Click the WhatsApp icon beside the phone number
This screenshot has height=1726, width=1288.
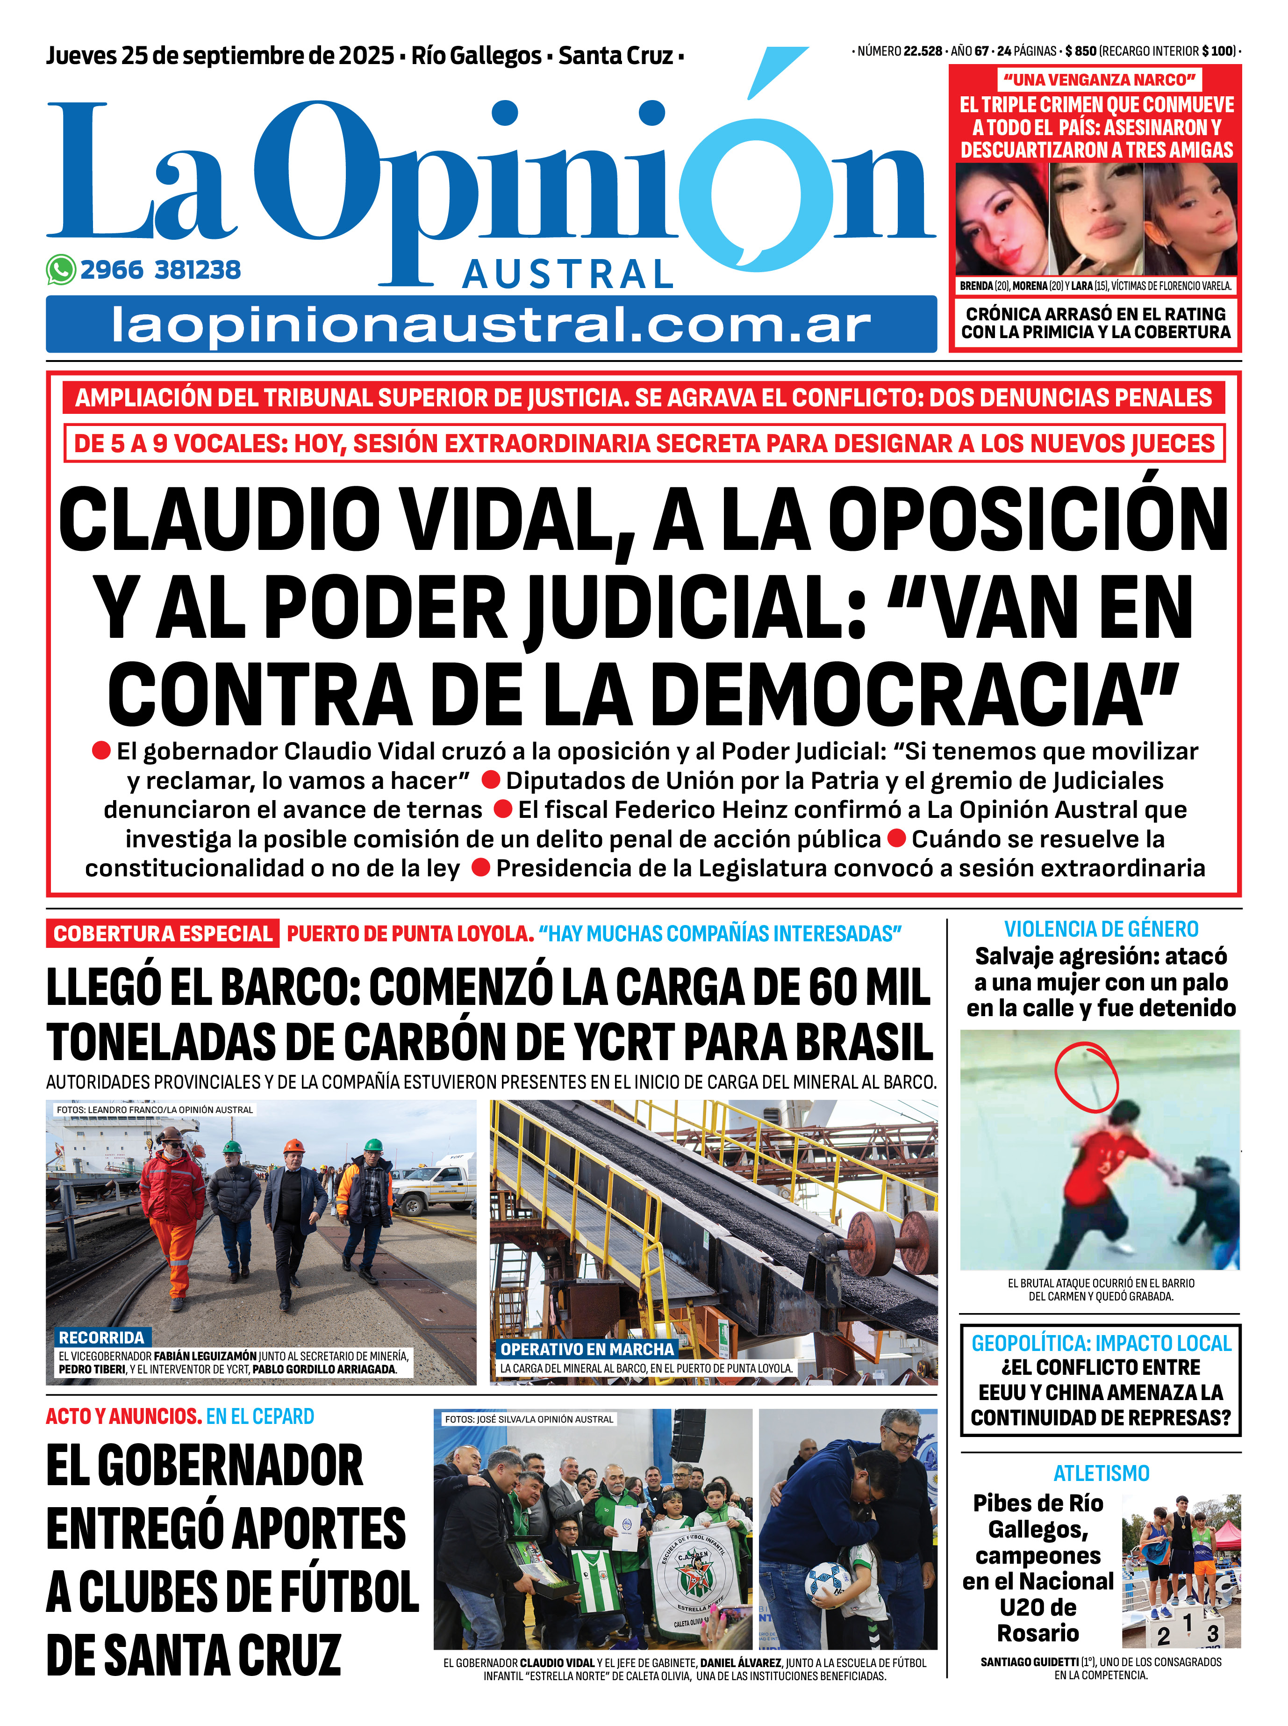point(61,270)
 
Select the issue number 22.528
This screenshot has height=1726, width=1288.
point(923,51)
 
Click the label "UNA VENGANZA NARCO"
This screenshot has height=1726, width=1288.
point(1099,79)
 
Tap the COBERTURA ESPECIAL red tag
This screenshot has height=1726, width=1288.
point(163,933)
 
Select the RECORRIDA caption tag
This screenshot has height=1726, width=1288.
point(101,1337)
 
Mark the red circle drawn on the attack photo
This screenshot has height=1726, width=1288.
point(1086,1077)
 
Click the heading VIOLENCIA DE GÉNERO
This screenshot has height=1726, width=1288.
point(1101,929)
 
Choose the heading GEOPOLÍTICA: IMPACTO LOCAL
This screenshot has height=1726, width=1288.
point(1101,1343)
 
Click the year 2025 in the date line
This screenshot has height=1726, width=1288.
point(365,55)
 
